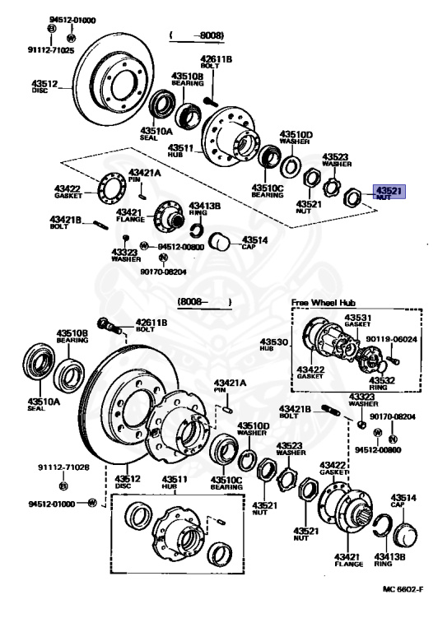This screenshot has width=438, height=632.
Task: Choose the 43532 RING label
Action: [x=382, y=382]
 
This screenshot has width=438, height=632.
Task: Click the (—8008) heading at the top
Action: [x=198, y=35]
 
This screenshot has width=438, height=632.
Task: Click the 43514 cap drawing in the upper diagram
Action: [x=219, y=241]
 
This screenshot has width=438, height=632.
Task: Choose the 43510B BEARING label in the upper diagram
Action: [x=187, y=80]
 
